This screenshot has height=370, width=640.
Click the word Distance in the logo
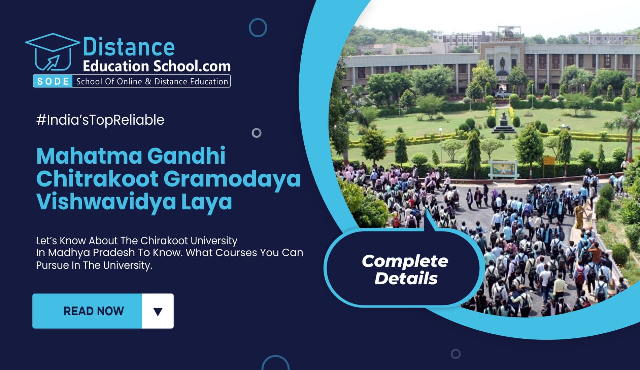(x=129, y=47)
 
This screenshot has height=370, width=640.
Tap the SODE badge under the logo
(x=53, y=81)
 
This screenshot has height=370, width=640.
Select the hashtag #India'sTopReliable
(x=100, y=120)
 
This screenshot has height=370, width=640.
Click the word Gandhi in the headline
(x=186, y=156)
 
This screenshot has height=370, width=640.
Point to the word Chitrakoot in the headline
(x=97, y=178)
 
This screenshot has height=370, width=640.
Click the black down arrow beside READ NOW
(x=158, y=312)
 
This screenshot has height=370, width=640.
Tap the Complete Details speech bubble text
(x=405, y=270)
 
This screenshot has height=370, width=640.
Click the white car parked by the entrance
(x=502, y=94)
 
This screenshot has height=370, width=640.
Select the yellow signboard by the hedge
(x=548, y=160)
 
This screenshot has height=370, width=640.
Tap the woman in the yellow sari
(x=579, y=217)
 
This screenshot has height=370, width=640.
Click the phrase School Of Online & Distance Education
(x=152, y=82)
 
